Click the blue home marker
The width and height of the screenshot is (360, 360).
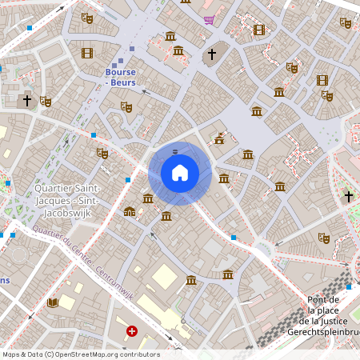(179, 172)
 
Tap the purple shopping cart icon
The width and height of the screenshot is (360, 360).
(209, 20)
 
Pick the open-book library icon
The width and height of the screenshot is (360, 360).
(53, 302)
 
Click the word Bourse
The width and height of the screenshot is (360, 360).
(120, 72)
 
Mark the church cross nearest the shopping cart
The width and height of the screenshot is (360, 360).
(212, 54)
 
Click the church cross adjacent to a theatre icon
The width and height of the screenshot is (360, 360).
(27, 101)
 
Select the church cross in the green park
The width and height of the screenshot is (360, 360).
(349, 196)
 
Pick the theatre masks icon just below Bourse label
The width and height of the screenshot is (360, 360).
(126, 106)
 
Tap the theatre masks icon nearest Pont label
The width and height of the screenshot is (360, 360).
(324, 238)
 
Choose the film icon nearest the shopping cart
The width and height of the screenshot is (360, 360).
(258, 30)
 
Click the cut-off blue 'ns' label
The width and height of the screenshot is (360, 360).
(5, 280)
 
